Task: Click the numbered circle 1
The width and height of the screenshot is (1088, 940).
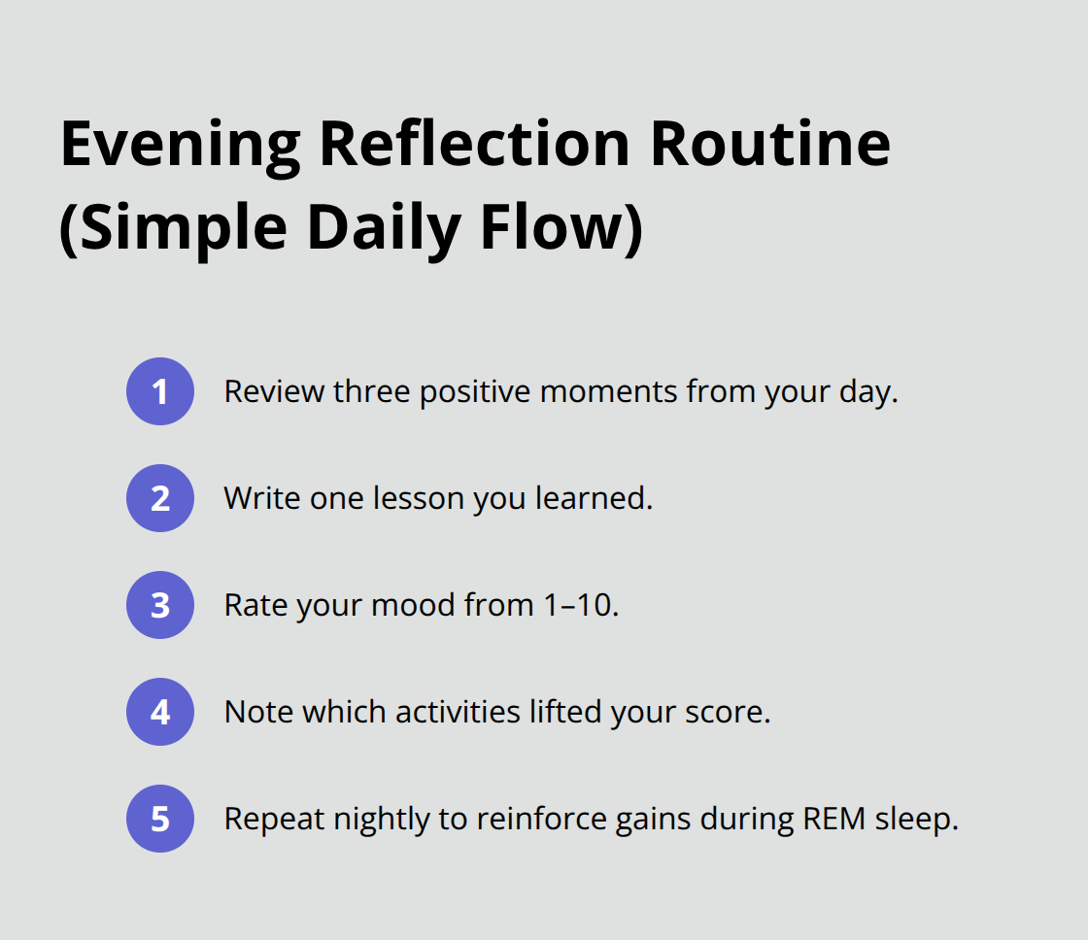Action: click(x=160, y=391)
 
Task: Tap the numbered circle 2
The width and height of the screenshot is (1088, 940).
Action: click(x=160, y=498)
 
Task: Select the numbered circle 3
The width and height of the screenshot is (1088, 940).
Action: click(x=160, y=605)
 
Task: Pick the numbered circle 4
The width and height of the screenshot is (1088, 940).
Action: click(x=160, y=712)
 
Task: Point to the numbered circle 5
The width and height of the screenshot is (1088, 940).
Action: click(x=160, y=819)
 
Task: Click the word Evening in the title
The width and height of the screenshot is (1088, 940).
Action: click(x=181, y=144)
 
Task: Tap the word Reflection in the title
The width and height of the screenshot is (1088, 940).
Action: click(x=474, y=144)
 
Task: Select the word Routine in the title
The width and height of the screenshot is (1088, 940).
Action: click(x=770, y=144)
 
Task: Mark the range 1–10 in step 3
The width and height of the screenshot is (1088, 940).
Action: click(x=577, y=605)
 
